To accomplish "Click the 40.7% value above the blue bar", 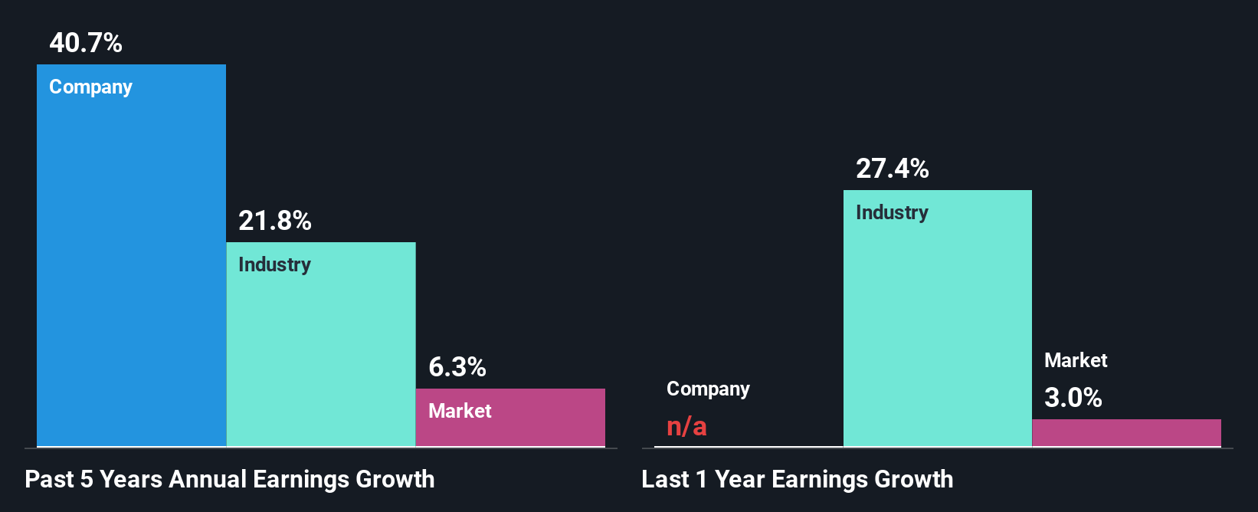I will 86,43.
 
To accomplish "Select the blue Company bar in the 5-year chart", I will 131,268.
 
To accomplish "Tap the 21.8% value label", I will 274,221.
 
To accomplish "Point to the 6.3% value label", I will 457,367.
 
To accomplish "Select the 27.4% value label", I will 892,169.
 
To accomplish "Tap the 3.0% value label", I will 1073,398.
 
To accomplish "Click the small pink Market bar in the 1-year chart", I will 1126,433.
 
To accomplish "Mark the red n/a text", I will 686,426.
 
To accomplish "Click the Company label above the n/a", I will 708,389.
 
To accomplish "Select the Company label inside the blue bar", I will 90,87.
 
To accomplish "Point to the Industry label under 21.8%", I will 274,265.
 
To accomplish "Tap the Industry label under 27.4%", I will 892,213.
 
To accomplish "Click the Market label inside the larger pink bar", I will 460,412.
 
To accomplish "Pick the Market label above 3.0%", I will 1076,360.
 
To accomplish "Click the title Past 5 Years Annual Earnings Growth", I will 230,480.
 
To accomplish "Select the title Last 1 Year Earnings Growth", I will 797,480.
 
